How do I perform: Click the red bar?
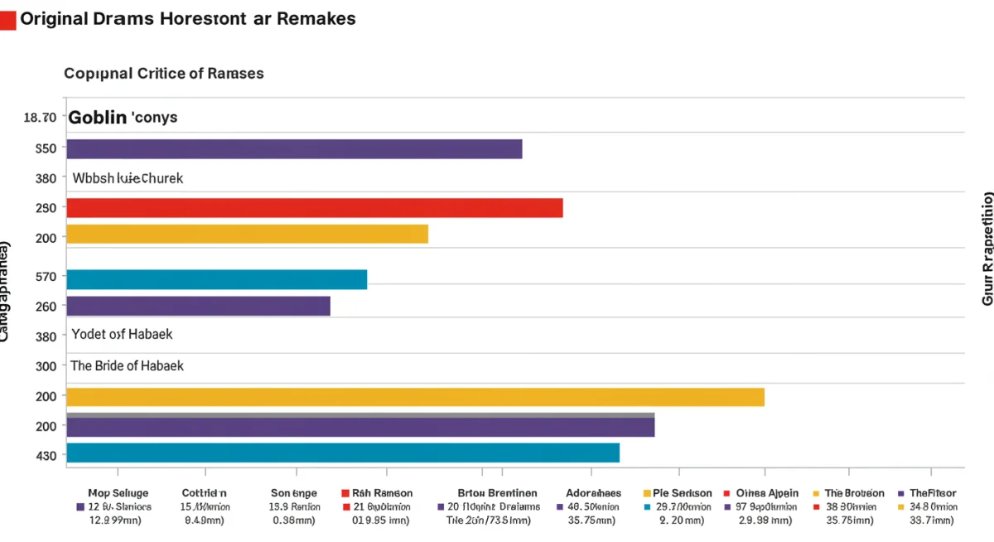(314, 208)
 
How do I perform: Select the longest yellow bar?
(414, 397)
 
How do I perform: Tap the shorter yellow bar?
(247, 235)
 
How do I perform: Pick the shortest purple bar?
(198, 307)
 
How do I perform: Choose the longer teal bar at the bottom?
(342, 452)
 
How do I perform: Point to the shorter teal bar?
(216, 280)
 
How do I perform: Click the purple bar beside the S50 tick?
(294, 149)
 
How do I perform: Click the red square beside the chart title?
(7, 21)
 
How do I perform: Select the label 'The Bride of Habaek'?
(128, 365)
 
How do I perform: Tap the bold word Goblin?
(98, 118)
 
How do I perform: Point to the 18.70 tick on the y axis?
(40, 118)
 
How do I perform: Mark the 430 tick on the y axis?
(46, 456)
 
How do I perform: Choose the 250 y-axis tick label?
(46, 208)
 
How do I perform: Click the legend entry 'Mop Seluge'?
(118, 493)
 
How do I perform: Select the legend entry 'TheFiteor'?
(933, 493)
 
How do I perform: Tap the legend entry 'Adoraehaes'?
(594, 493)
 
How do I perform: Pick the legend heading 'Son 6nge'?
(294, 493)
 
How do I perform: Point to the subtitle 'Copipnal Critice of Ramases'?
(164, 73)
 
